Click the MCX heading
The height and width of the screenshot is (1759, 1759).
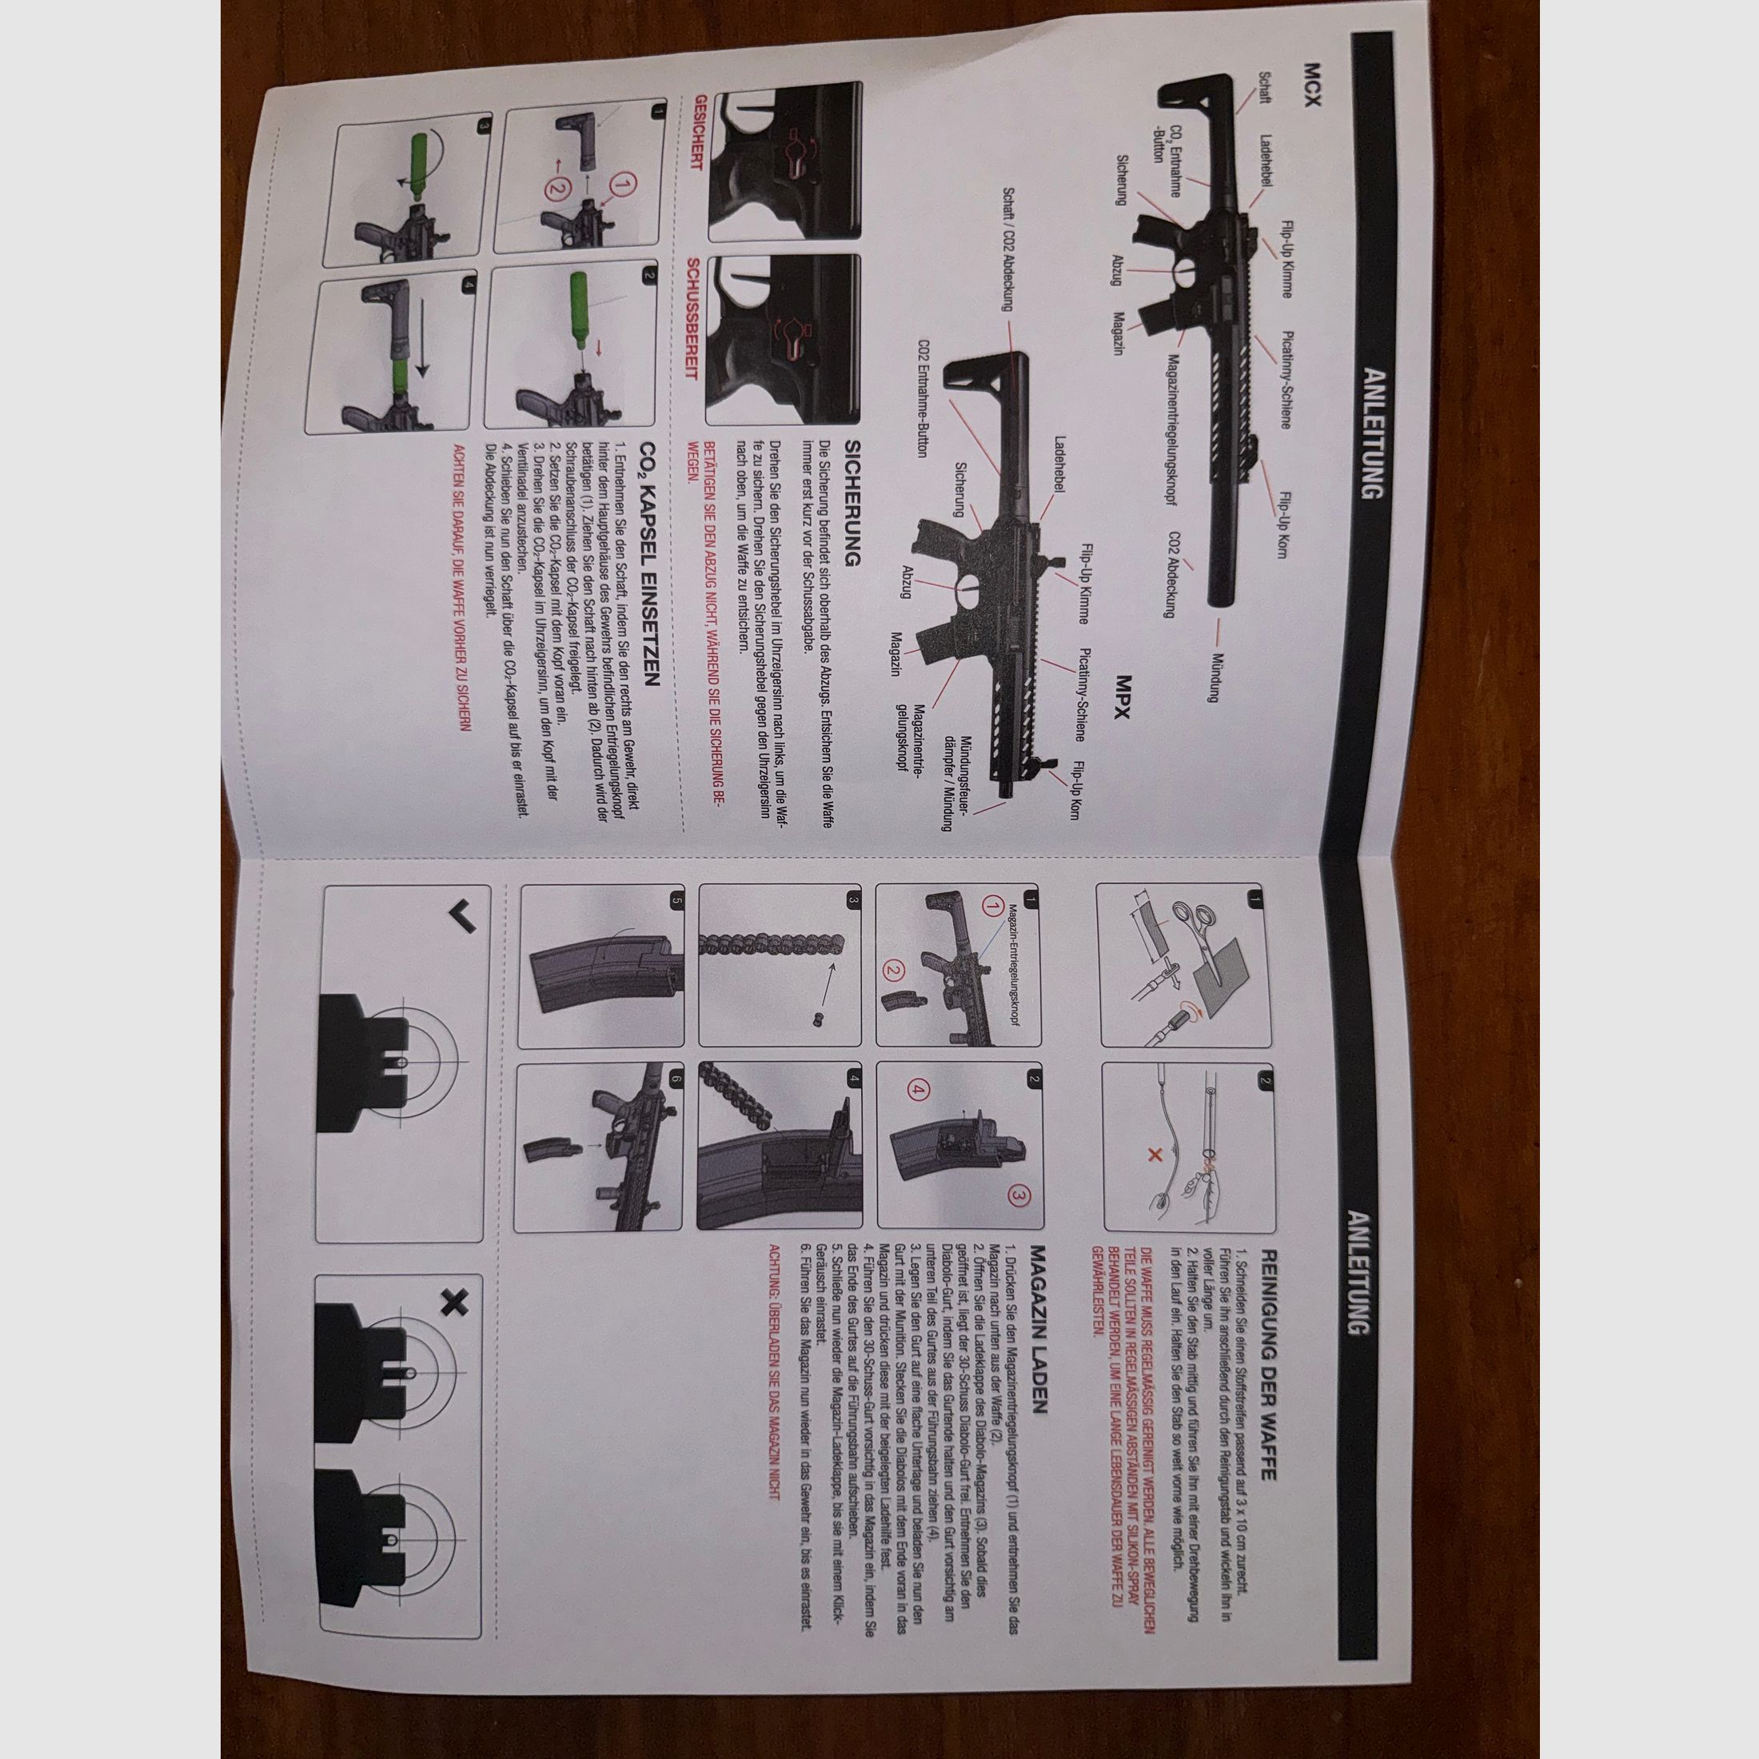(1311, 86)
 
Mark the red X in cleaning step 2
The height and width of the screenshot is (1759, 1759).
(1155, 1155)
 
